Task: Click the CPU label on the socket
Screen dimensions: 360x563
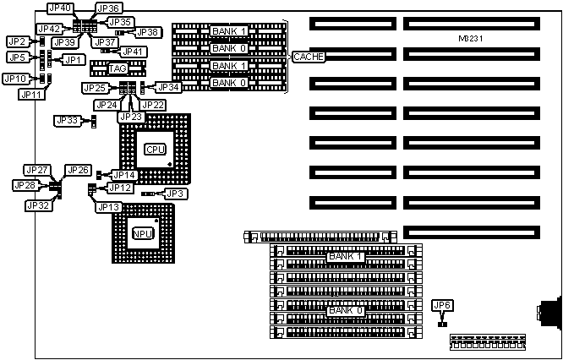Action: click(x=156, y=149)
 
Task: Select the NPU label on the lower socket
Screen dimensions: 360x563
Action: click(x=141, y=232)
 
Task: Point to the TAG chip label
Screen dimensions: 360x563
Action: click(x=118, y=68)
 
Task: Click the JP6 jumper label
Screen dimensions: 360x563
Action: click(x=441, y=305)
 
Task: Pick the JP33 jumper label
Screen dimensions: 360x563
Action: click(x=67, y=121)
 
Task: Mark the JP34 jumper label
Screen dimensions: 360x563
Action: click(x=169, y=86)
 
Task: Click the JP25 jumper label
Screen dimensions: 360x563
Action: click(x=95, y=88)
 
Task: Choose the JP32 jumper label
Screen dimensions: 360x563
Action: click(x=38, y=205)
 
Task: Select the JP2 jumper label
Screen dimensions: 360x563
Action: click(x=16, y=41)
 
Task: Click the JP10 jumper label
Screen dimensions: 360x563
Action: click(x=14, y=79)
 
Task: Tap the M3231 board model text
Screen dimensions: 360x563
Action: click(x=467, y=39)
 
